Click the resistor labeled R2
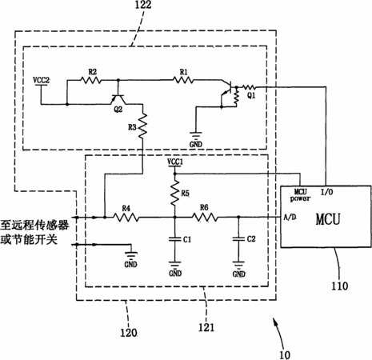91,80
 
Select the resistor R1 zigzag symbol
183,79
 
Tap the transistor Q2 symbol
118,99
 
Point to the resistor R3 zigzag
143,125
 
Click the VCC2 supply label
42,80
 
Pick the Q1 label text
251,95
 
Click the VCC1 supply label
175,162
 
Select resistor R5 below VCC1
175,193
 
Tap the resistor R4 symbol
126,218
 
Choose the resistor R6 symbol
205,218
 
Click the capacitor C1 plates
175,239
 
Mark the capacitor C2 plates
238,239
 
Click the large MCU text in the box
328,219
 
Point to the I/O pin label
326,192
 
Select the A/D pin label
290,217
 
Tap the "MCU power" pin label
301,195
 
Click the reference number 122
143,5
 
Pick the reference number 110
339,286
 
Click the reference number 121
206,327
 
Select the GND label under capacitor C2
238,274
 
